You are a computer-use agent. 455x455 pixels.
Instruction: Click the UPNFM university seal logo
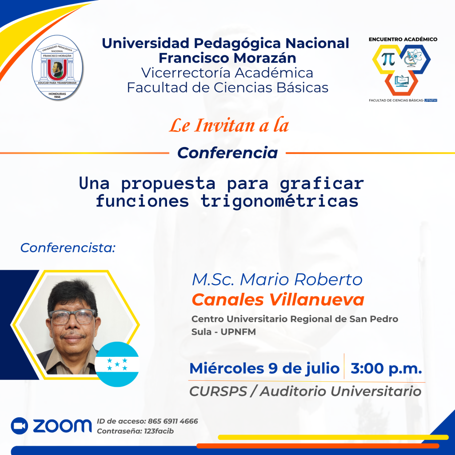[x=57, y=68]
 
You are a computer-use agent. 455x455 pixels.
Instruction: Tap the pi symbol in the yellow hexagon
[x=388, y=59]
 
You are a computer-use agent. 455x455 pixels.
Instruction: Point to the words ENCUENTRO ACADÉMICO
[x=403, y=39]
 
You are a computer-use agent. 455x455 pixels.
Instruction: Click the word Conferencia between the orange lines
[x=227, y=153]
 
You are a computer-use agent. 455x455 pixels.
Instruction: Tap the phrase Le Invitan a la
[x=229, y=126]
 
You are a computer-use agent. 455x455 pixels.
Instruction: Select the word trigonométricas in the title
[x=279, y=201]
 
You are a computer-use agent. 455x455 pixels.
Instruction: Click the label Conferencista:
[x=68, y=248]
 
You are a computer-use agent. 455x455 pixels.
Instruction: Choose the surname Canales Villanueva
[x=278, y=299]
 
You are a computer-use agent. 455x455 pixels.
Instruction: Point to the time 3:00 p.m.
[x=386, y=368]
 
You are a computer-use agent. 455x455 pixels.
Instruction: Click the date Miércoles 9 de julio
[x=264, y=368]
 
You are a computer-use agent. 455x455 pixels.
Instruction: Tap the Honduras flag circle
[x=117, y=364]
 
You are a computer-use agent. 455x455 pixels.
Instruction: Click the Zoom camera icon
[x=20, y=426]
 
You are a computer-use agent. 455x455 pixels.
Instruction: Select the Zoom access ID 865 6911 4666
[x=173, y=421]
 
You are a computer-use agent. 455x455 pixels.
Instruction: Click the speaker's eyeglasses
[x=72, y=317]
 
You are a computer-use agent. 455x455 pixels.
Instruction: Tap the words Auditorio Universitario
[x=341, y=391]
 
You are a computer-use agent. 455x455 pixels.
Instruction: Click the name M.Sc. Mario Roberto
[x=277, y=279]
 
